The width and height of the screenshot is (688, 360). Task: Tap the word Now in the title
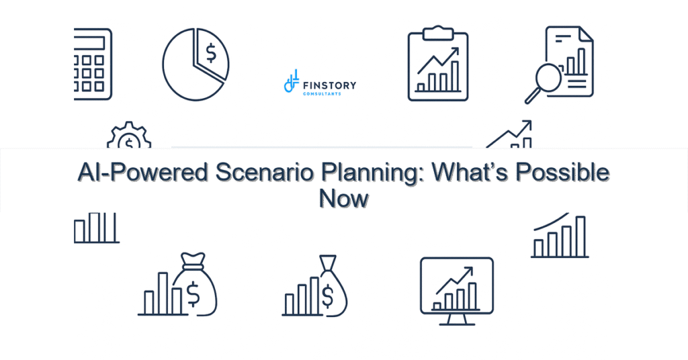pyautogui.click(x=343, y=199)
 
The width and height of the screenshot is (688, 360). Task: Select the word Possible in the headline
pyautogui.click(x=561, y=173)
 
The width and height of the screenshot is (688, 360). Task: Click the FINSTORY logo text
pyautogui.click(x=330, y=85)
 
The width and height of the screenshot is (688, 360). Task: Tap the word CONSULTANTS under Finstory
pyautogui.click(x=322, y=94)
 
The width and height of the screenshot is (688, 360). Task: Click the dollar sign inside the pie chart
pyautogui.click(x=211, y=53)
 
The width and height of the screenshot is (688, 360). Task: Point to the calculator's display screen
pyautogui.click(x=91, y=42)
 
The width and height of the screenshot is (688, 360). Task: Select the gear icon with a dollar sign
pyautogui.click(x=129, y=140)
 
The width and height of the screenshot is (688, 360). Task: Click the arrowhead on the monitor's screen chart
pyautogui.click(x=469, y=270)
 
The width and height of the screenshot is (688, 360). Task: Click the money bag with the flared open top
pyautogui.click(x=329, y=285)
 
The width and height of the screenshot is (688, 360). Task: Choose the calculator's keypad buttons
pyautogui.click(x=91, y=74)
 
